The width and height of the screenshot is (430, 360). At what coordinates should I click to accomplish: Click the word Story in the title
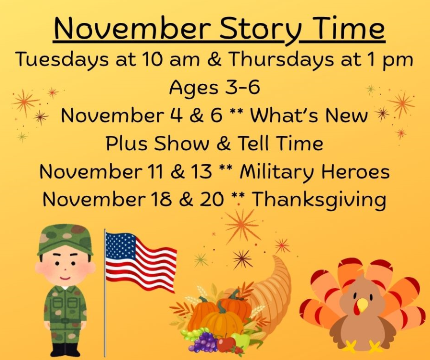[x=251, y=30]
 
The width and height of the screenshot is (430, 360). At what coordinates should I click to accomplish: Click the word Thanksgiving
[x=319, y=200]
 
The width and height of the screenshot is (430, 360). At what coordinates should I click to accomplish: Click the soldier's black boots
[x=65, y=349]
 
